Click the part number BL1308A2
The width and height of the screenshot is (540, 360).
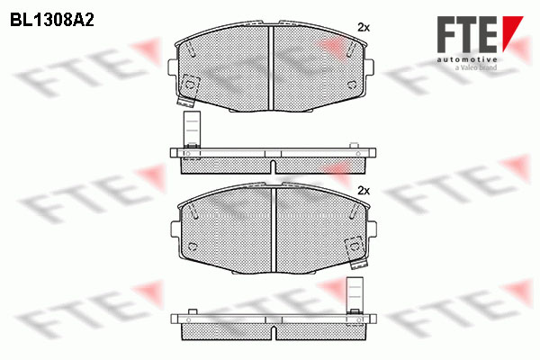(x=52, y=21)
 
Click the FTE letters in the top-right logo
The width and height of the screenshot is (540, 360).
(x=467, y=34)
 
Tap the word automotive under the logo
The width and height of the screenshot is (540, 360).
(x=467, y=59)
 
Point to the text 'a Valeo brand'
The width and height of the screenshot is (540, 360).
(x=476, y=67)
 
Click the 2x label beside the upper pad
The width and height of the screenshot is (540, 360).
(x=364, y=28)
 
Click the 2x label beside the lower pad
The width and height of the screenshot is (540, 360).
(x=364, y=191)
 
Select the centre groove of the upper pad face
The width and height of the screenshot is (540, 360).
(x=271, y=67)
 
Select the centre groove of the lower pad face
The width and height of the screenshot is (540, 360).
(x=274, y=229)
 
